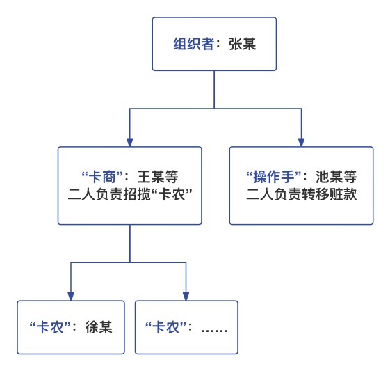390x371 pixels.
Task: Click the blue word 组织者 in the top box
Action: pos(193,44)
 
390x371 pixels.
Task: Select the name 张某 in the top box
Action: pos(242,44)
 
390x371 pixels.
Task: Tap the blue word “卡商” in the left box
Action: pos(102,177)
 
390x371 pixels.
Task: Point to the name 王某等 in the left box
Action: pos(158,177)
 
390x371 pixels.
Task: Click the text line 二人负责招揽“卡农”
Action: pos(130,194)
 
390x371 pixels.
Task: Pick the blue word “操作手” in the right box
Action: pos(274,177)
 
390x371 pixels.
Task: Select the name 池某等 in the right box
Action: pos(336,177)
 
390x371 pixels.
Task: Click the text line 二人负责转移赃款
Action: pos(302,194)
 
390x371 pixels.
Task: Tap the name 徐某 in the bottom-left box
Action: pos(99,327)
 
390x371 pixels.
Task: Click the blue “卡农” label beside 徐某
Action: pos(50,327)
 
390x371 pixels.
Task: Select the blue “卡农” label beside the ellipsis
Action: pos(165,327)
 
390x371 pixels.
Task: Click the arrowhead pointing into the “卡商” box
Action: pos(130,142)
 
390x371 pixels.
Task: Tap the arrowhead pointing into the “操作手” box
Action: pos(302,142)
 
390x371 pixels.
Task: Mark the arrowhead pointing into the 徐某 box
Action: pos(71,297)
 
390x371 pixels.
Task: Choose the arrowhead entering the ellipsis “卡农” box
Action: pos(186,297)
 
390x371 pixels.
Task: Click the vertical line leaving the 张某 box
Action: pos(214,89)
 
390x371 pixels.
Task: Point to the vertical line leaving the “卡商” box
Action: pos(130,243)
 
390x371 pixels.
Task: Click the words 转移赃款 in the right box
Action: pos(330,194)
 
